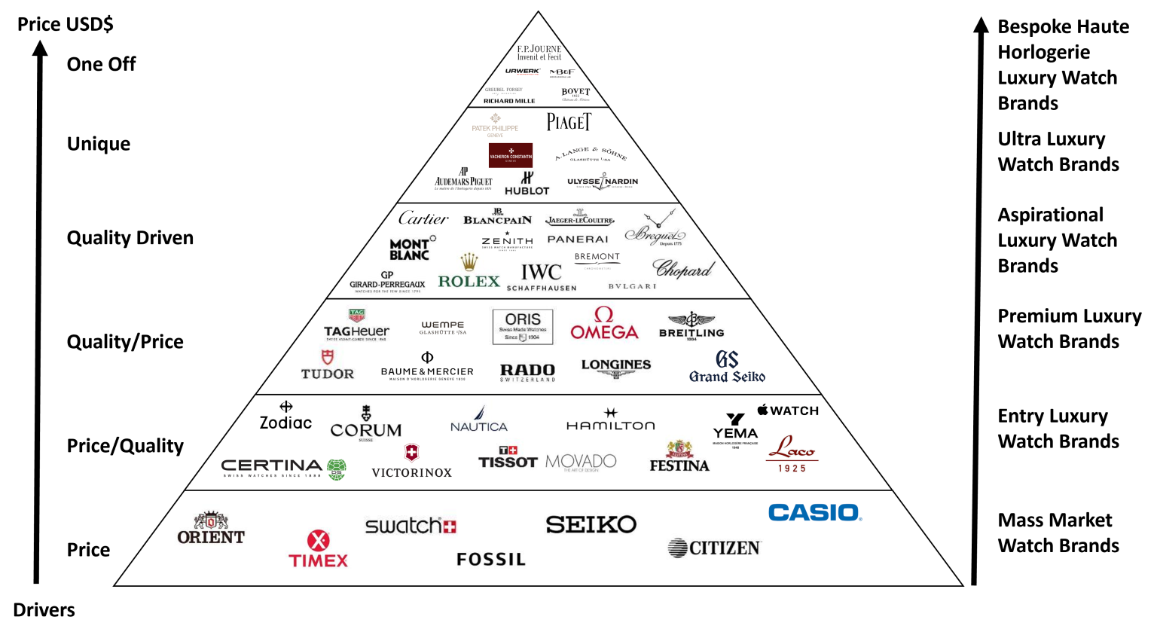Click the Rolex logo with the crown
[469, 273]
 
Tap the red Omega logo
[604, 324]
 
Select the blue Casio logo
[815, 513]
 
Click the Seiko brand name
[591, 524]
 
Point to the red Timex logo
[319, 550]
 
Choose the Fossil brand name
[491, 560]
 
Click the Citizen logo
[714, 548]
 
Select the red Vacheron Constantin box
[511, 155]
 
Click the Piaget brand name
[569, 122]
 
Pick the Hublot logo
[527, 184]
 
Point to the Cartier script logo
[423, 218]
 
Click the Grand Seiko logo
[727, 368]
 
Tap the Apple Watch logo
[788, 411]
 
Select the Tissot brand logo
[508, 459]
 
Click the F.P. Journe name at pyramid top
[539, 53]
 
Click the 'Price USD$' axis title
[66, 24]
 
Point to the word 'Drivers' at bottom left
[44, 610]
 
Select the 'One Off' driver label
[101, 64]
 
